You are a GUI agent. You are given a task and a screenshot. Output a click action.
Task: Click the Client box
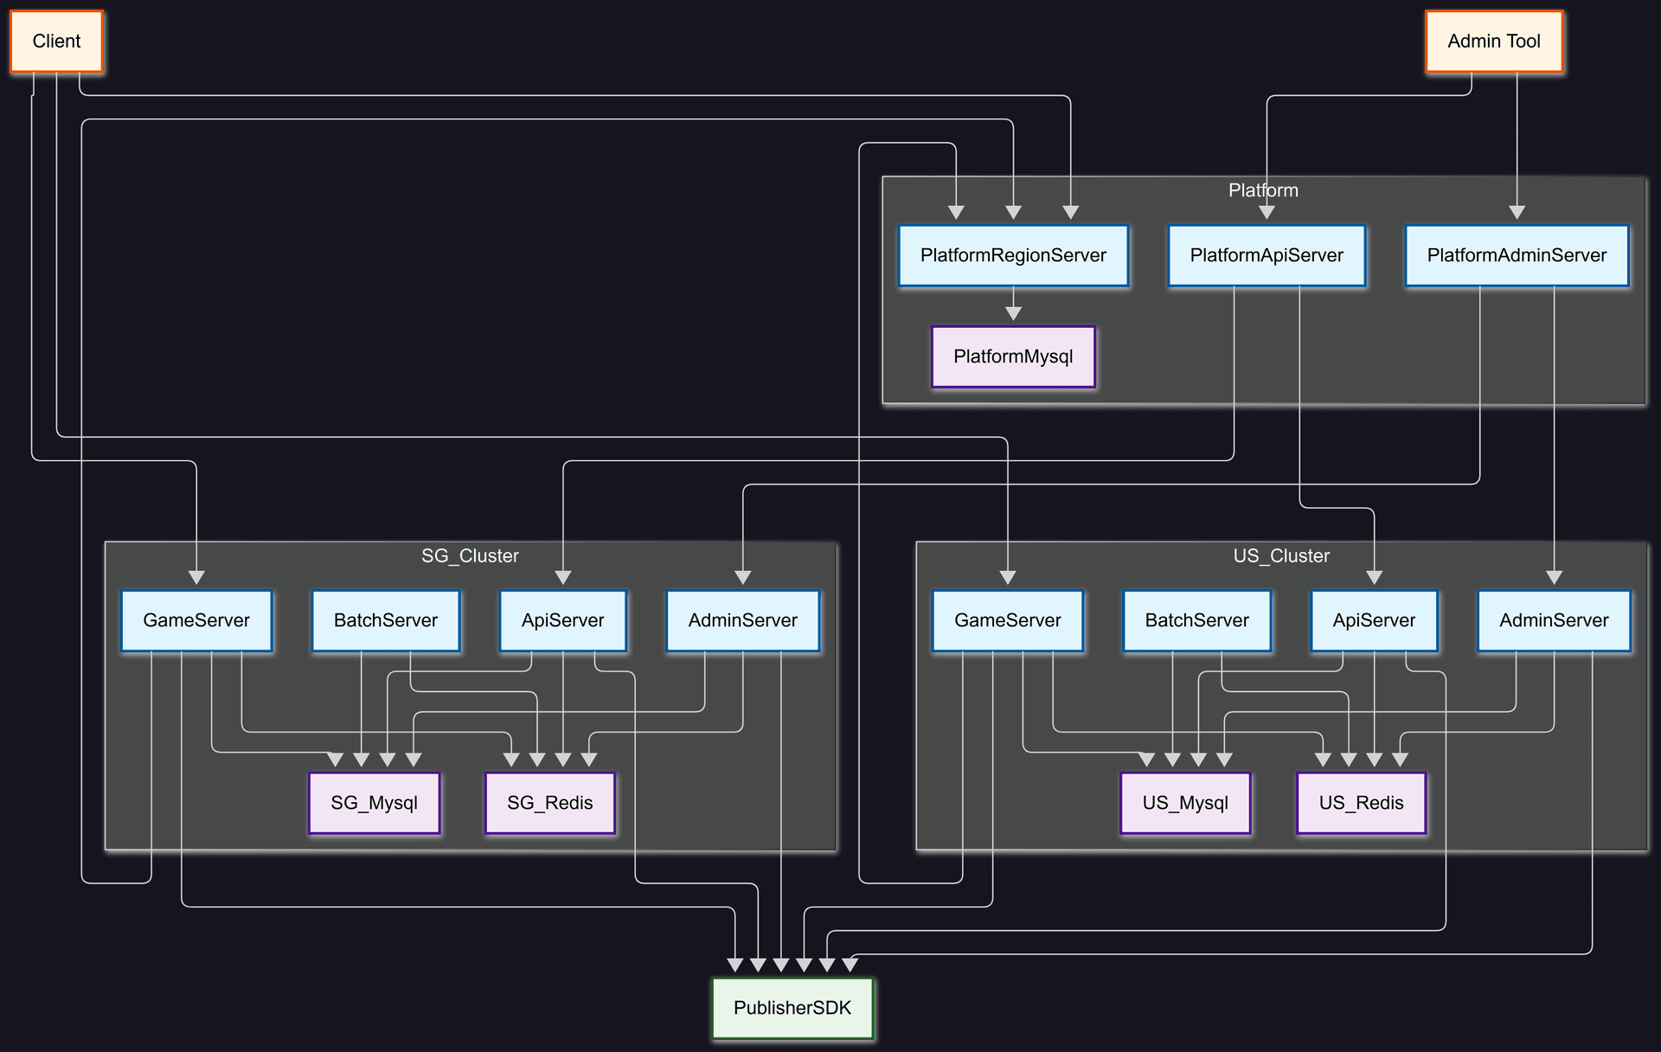[56, 42]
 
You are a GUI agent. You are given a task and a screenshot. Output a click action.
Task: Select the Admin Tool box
[1493, 42]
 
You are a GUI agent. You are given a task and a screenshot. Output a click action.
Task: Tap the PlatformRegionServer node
[1013, 255]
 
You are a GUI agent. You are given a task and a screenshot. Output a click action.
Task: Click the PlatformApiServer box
[1267, 255]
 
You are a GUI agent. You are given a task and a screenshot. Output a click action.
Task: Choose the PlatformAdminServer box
[1517, 255]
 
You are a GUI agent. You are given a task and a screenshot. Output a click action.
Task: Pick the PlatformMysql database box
[1013, 356]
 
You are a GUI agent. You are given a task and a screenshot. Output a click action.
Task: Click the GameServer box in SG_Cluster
[196, 620]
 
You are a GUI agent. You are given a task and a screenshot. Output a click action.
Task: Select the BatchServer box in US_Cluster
[1196, 620]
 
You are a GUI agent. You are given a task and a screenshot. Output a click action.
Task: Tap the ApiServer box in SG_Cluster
[562, 620]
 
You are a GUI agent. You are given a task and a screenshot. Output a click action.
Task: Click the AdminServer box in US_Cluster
[1554, 620]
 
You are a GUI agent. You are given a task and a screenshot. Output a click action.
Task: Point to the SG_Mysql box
[374, 803]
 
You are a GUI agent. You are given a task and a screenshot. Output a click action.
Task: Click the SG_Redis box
[550, 803]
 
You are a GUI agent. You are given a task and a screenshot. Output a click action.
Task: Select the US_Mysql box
[1185, 803]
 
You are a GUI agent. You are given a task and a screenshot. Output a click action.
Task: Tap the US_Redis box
[1361, 803]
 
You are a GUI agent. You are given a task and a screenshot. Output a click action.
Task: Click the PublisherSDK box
[792, 1008]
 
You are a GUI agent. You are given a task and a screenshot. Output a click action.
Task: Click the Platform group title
[1263, 190]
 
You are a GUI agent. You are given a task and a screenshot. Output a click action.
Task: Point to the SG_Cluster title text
[470, 555]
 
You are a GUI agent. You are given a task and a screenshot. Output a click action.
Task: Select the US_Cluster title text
[1281, 555]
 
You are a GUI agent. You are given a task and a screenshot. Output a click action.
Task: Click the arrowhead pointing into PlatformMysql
[1013, 314]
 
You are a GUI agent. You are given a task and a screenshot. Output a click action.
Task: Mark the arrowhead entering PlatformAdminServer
[1517, 213]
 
